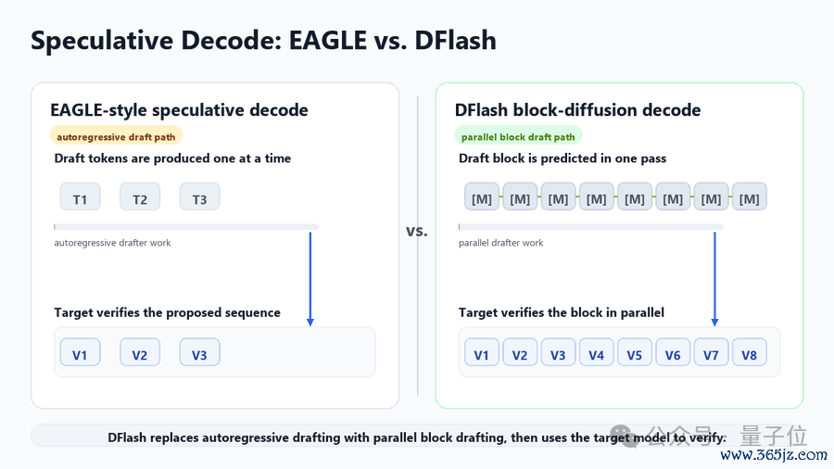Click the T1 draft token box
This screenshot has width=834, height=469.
click(80, 196)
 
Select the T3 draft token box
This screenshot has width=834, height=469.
click(199, 196)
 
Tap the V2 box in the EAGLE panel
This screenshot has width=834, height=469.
click(139, 352)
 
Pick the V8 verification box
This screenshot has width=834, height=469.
click(750, 352)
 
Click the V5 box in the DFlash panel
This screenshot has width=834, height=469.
click(635, 352)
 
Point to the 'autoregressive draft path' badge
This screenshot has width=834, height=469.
click(116, 136)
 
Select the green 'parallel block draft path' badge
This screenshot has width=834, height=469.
click(518, 136)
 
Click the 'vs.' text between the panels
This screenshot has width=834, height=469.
click(417, 232)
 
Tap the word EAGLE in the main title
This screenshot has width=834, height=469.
click(328, 41)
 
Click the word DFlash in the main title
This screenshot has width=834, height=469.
click(455, 41)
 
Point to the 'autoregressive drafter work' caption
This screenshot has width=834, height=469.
click(112, 243)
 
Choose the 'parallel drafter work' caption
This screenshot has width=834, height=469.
click(501, 243)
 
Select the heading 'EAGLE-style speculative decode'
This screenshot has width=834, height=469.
click(179, 110)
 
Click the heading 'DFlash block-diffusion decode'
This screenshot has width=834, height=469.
click(577, 110)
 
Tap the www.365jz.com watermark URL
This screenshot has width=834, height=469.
click(774, 455)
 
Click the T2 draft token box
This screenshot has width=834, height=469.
click(139, 196)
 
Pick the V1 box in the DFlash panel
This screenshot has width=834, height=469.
click(481, 352)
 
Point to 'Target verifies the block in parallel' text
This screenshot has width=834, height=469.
click(562, 312)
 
